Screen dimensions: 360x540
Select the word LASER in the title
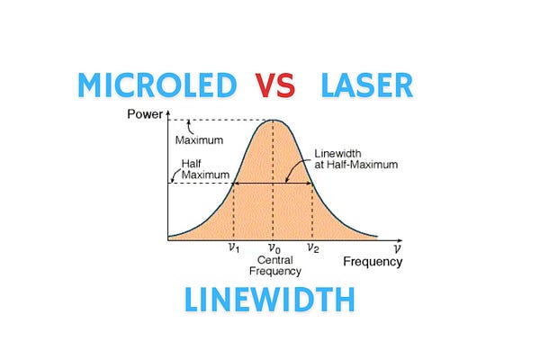(367, 87)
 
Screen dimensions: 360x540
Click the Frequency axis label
(372, 262)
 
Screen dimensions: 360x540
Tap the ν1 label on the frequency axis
(234, 247)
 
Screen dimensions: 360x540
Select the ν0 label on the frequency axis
(274, 247)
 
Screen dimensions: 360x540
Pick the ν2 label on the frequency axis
(313, 247)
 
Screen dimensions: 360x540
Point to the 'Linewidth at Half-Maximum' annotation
(355, 158)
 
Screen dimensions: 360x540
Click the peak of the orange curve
(274, 121)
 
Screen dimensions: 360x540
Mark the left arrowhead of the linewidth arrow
(237, 184)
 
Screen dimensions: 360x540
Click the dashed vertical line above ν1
(234, 211)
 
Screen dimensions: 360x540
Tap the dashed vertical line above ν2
(312, 211)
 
